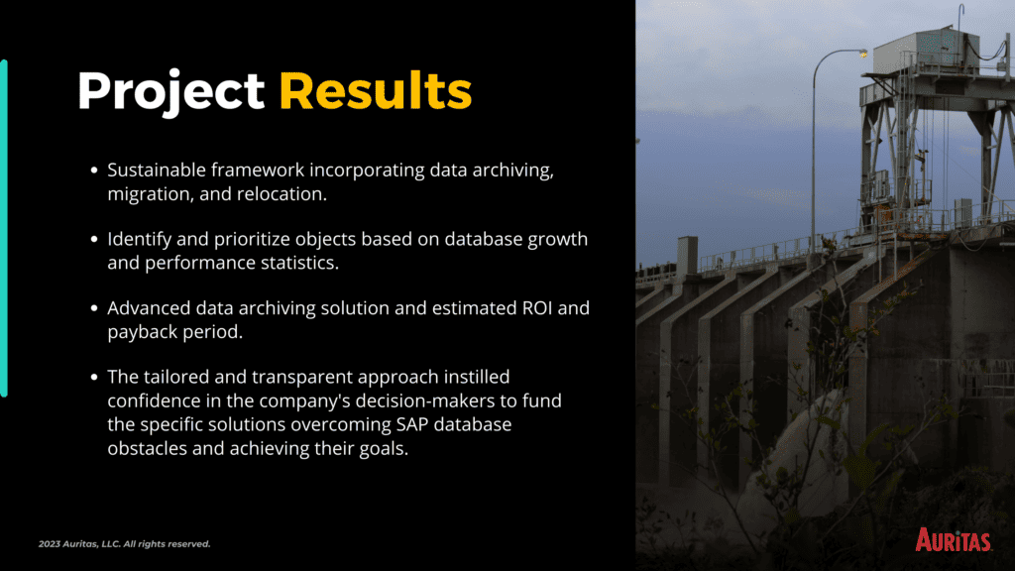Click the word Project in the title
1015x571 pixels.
(170, 92)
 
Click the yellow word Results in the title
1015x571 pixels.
(375, 90)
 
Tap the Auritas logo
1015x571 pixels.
(953, 539)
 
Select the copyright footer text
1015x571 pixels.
(124, 544)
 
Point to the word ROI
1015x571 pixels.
(537, 307)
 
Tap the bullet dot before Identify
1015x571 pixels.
(94, 239)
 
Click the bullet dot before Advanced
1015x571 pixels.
(94, 308)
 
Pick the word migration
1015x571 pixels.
(151, 194)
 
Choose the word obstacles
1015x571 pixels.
(147, 448)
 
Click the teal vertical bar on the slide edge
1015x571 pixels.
(4, 228)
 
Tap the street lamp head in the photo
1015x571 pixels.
(863, 54)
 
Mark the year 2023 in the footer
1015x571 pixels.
(49, 544)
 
